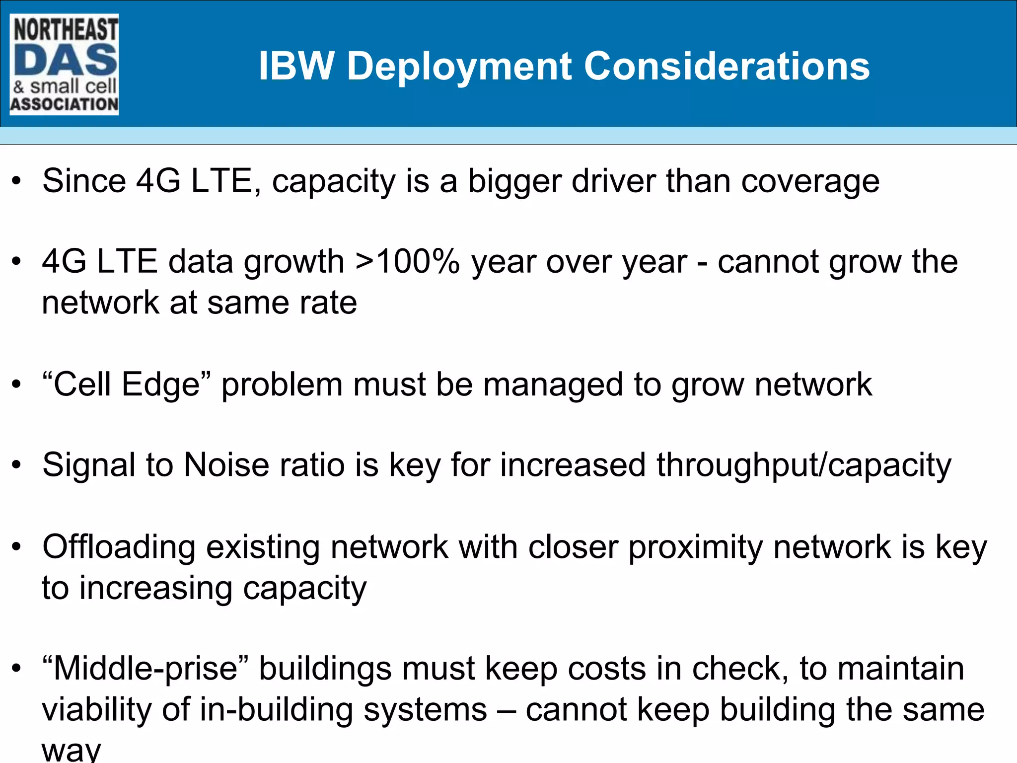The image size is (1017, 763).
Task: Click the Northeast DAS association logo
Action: (x=64, y=65)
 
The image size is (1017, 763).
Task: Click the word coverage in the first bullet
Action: (x=810, y=182)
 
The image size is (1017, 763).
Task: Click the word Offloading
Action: (x=119, y=548)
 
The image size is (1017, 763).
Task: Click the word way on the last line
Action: (x=72, y=750)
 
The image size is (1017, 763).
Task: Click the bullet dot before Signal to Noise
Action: (x=17, y=466)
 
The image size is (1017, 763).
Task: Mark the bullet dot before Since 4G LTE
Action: (x=17, y=181)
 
